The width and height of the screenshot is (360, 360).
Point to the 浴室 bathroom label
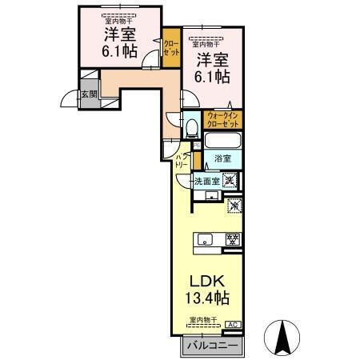click(222, 159)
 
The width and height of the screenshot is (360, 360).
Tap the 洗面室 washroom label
click(206, 181)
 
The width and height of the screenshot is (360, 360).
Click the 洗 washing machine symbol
click(230, 180)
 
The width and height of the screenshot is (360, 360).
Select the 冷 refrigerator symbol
click(234, 206)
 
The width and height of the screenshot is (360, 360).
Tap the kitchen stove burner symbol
click(232, 238)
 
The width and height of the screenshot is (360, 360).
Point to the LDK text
click(206, 282)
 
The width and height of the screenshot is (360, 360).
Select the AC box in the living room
click(233, 325)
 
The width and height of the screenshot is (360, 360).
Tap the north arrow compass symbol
click(282, 336)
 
